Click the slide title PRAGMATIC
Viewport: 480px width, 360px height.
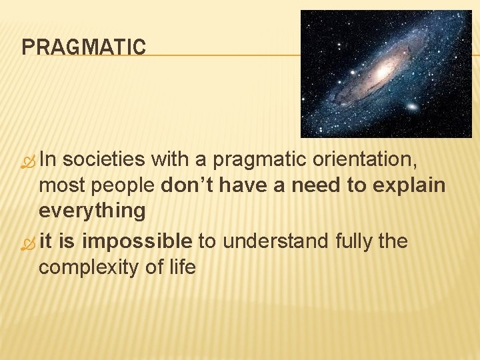[83, 47]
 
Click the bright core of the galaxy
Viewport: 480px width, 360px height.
[383, 70]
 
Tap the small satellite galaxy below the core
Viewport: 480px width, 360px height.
[412, 107]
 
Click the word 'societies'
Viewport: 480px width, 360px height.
[104, 159]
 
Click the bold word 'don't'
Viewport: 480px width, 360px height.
[187, 185]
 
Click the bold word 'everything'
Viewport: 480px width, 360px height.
[92, 211]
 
